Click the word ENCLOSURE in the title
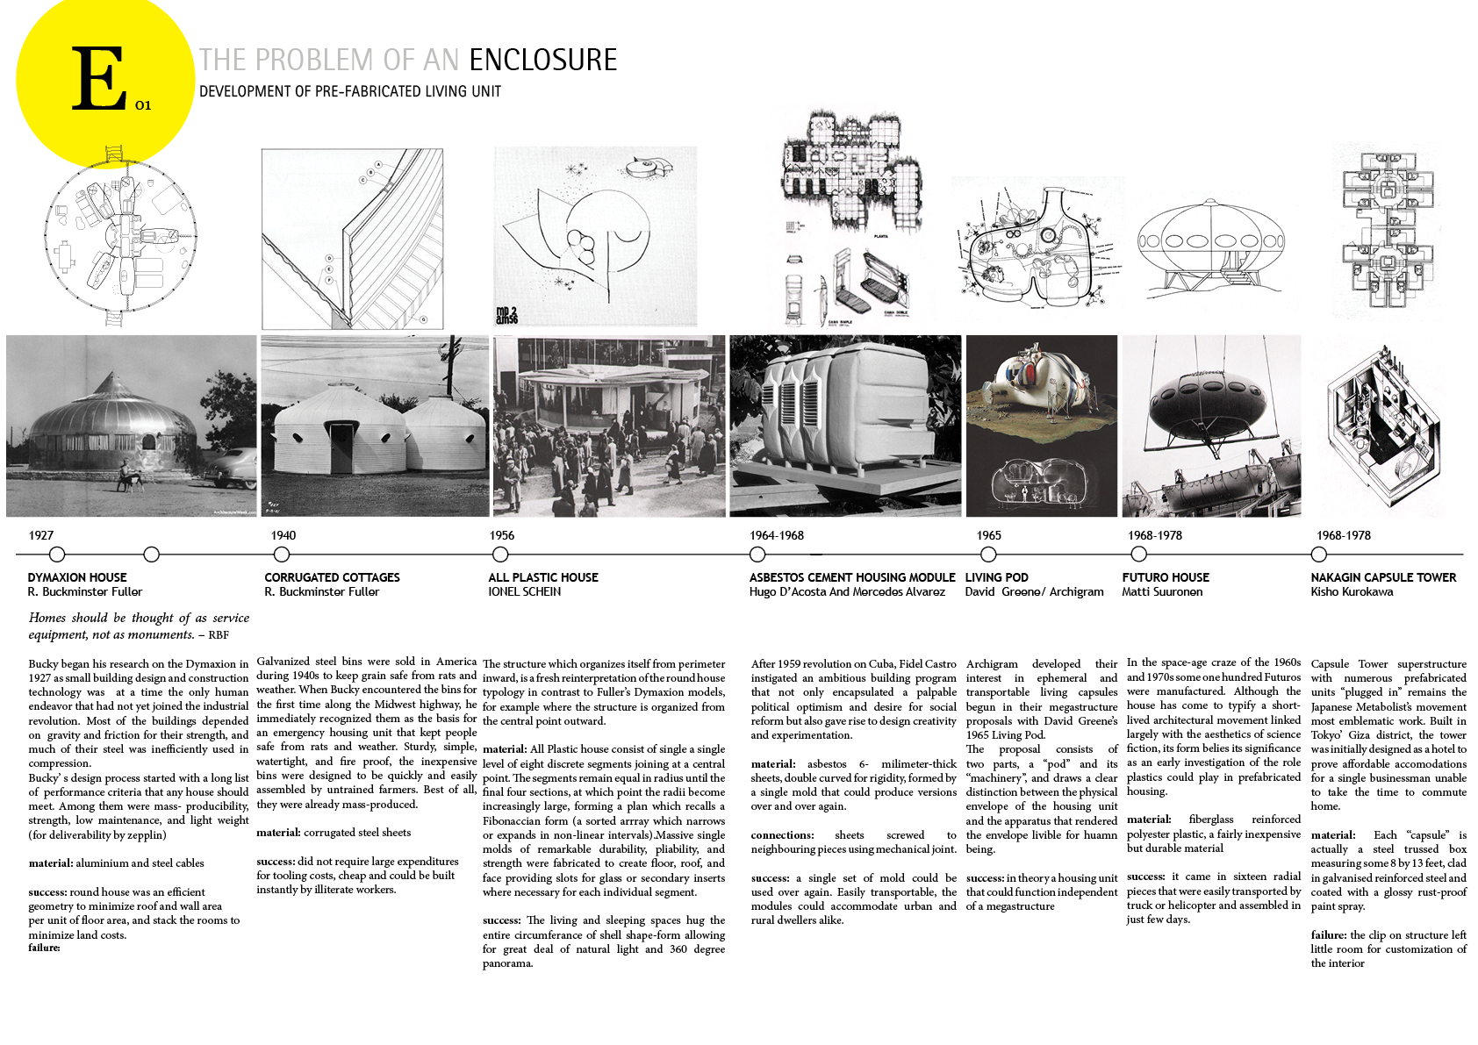pyautogui.click(x=542, y=60)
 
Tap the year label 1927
pyautogui.click(x=40, y=535)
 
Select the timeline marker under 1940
pyautogui.click(x=281, y=555)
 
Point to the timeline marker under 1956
pyautogui.click(x=500, y=555)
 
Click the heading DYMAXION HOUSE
pyautogui.click(x=77, y=577)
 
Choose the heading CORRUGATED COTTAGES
pyautogui.click(x=332, y=577)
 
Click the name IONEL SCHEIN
pyautogui.click(x=524, y=592)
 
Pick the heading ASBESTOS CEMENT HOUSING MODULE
pyautogui.click(x=851, y=577)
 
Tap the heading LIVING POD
pyautogui.click(x=996, y=577)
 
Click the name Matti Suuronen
pyautogui.click(x=1162, y=592)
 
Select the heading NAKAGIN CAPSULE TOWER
pyautogui.click(x=1383, y=577)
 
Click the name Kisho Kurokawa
pyautogui.click(x=1352, y=592)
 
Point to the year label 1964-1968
pyautogui.click(x=776, y=535)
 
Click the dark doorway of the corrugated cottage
pyautogui.click(x=341, y=446)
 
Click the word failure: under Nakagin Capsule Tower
pyautogui.click(x=1329, y=935)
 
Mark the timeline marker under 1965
pyautogui.click(x=988, y=555)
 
